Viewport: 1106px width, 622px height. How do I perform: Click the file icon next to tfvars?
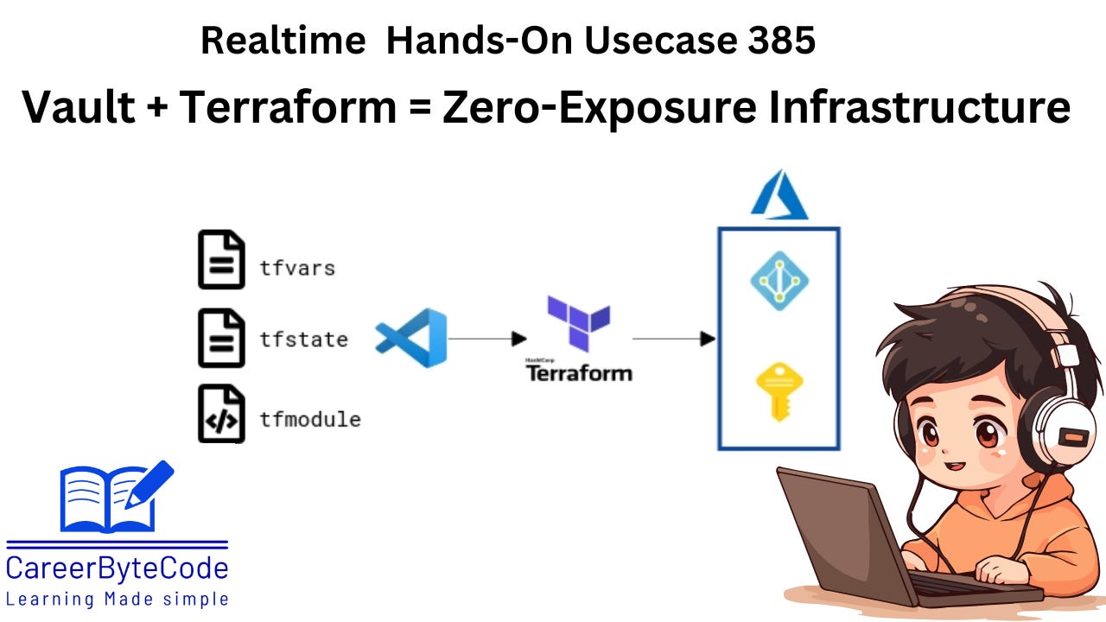[x=221, y=259]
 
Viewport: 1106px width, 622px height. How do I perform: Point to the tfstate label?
[x=303, y=340]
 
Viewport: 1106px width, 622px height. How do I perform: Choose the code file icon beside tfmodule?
[x=221, y=414]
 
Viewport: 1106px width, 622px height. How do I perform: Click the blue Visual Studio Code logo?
[x=411, y=338]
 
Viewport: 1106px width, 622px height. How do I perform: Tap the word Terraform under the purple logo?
[x=579, y=373]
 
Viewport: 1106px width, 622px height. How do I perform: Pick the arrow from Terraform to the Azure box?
[x=674, y=339]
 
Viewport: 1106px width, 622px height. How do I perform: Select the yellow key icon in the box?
[x=779, y=390]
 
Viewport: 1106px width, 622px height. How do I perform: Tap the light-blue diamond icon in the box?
[x=779, y=280]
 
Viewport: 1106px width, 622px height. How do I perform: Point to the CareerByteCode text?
[x=118, y=568]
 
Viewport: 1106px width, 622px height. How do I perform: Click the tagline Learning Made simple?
[x=118, y=599]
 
